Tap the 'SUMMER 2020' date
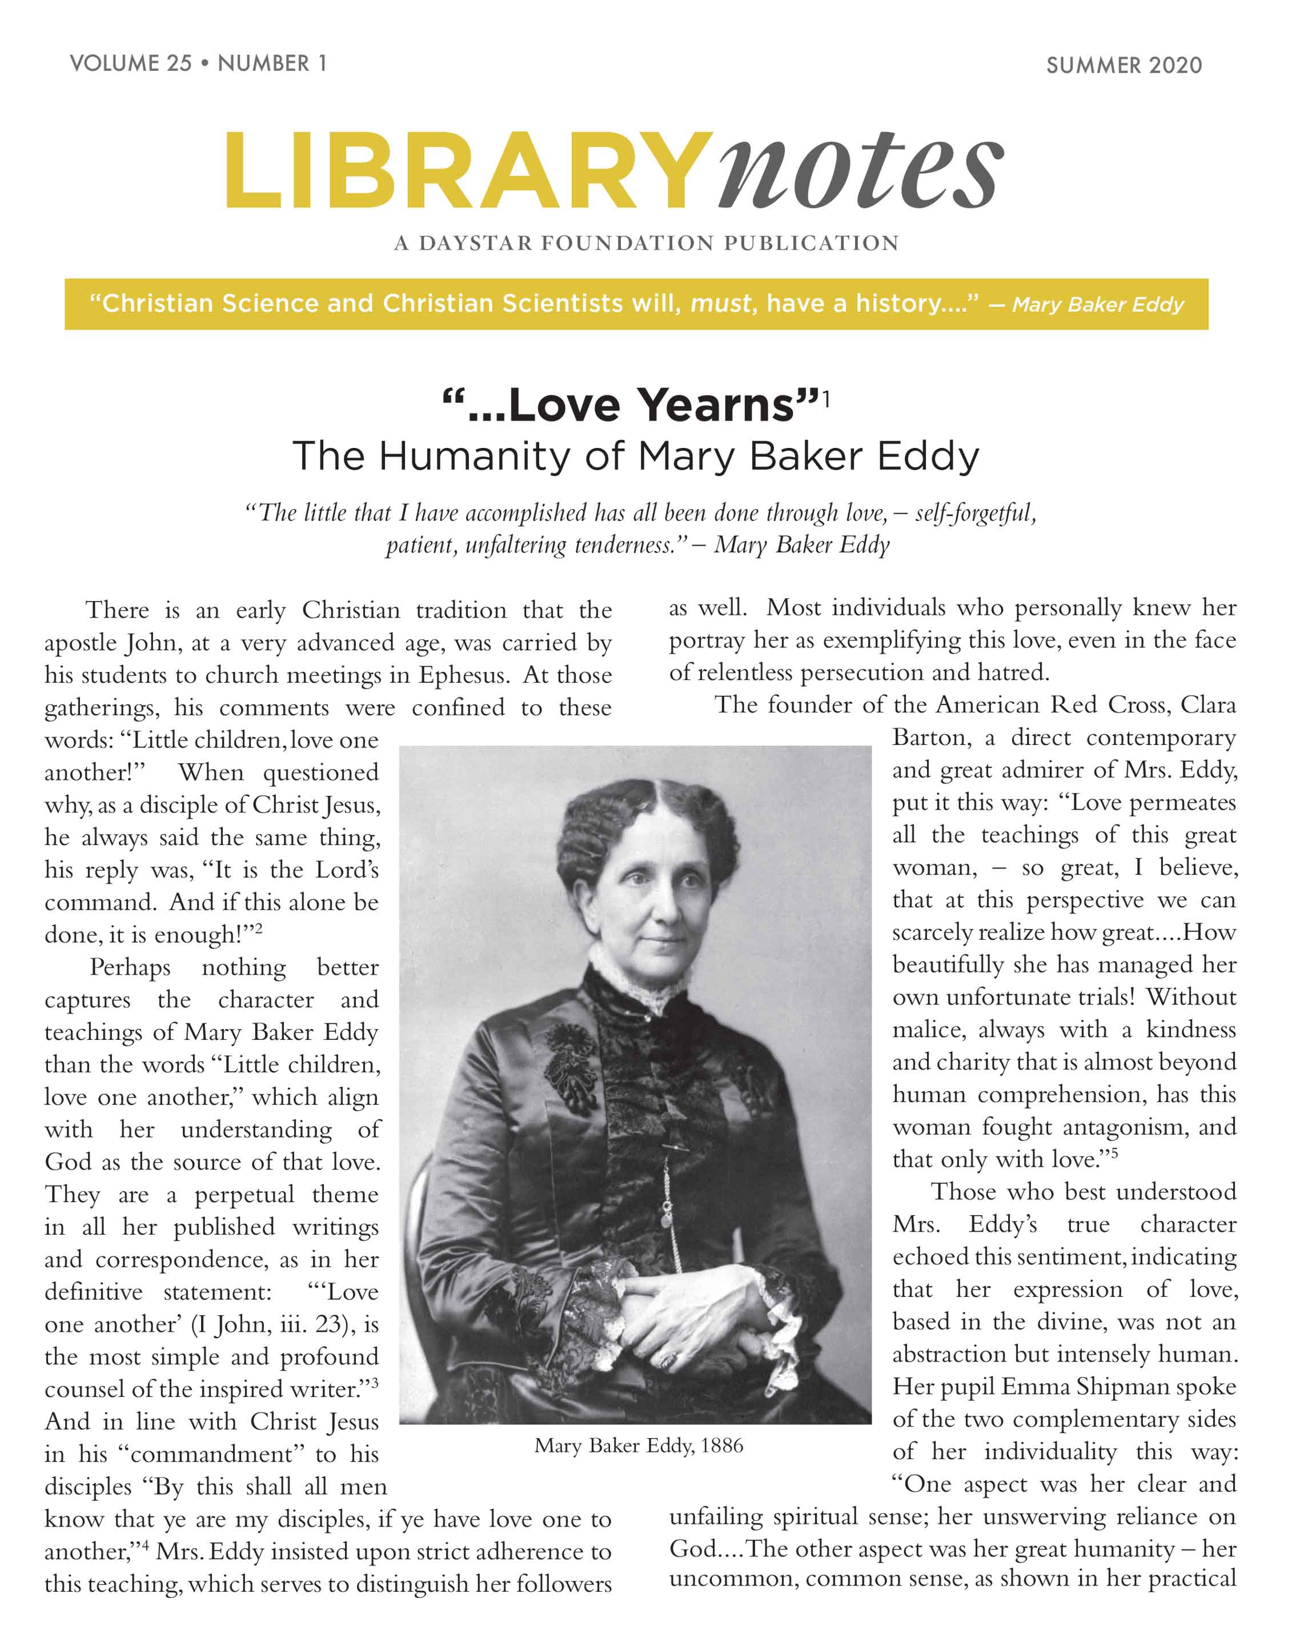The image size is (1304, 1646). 1124,66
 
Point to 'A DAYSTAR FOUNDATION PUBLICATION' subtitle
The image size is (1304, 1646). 647,243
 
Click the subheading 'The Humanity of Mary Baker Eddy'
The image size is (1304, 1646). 635,456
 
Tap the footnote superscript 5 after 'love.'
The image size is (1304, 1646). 1115,1153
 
